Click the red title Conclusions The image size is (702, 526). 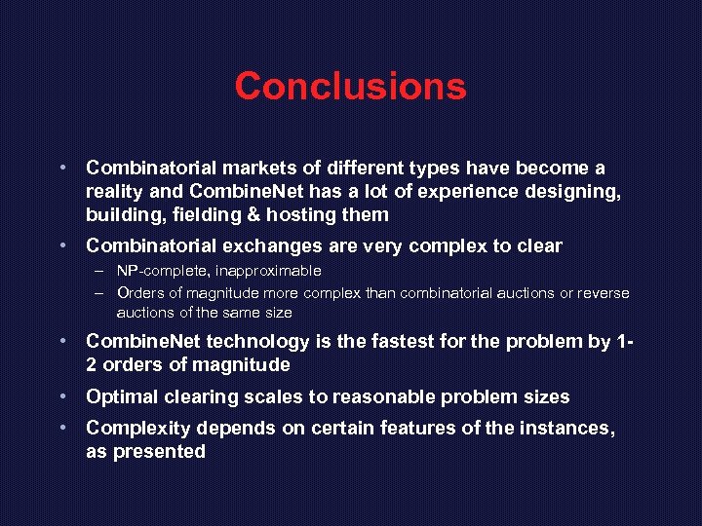(350, 86)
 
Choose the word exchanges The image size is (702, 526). (255, 245)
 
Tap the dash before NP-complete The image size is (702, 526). (100, 270)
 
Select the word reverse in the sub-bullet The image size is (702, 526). (604, 292)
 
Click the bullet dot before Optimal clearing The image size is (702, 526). (61, 396)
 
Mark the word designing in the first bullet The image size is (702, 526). (576, 191)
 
